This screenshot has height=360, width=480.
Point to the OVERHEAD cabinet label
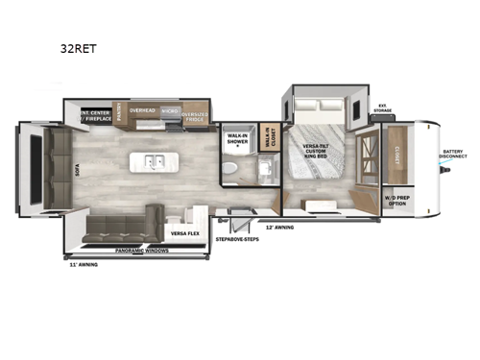coord(142,109)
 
